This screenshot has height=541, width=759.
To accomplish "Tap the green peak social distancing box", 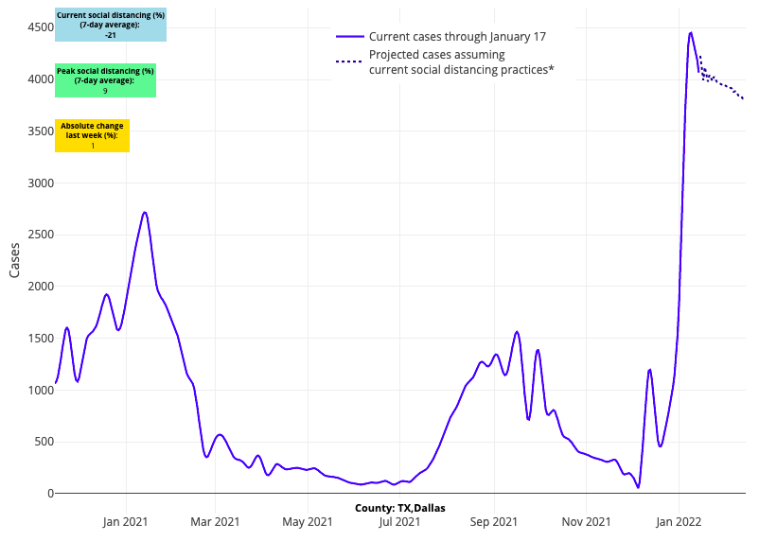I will click(105, 81).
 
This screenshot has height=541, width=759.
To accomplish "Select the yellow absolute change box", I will click(92, 135).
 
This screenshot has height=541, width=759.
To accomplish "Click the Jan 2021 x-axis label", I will click(125, 521).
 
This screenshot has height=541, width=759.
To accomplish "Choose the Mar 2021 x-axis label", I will click(215, 521).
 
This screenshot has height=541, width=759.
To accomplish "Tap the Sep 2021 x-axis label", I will click(493, 521).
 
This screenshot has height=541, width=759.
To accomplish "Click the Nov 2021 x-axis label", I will click(586, 521).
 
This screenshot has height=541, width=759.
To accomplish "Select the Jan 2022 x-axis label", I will click(679, 521).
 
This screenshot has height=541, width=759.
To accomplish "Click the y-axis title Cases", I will click(14, 259).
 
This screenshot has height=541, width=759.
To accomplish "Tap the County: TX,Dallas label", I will click(400, 508).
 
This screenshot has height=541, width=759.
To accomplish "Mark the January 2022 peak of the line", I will click(691, 33).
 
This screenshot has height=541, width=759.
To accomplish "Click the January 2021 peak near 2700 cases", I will click(144, 212).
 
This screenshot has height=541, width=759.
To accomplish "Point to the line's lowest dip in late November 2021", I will click(638, 487).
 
